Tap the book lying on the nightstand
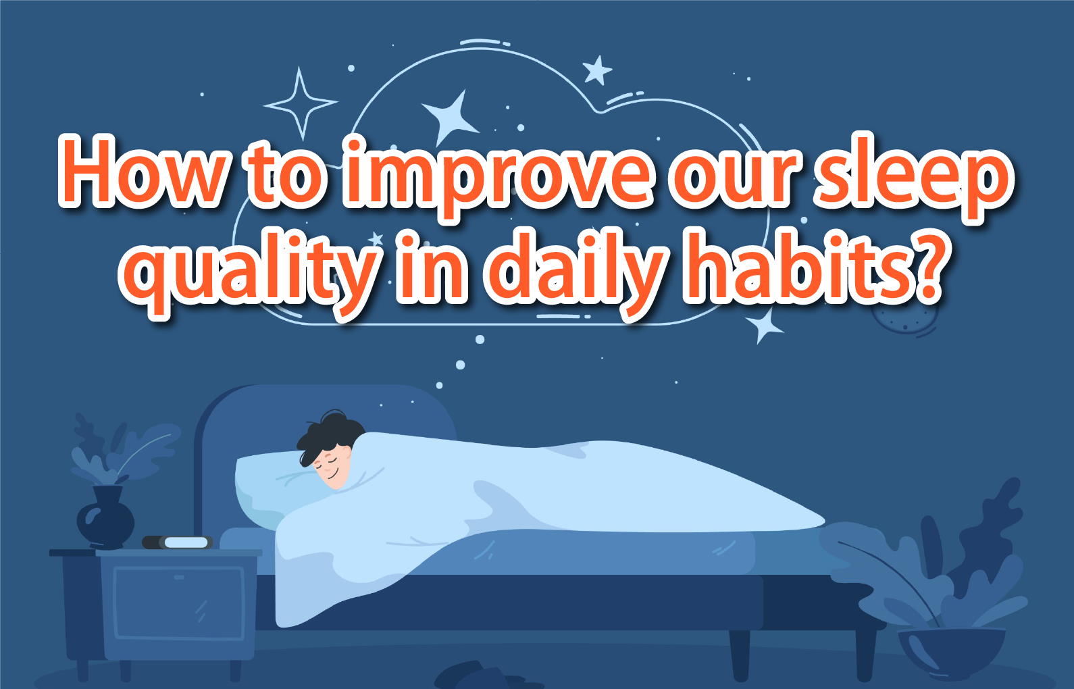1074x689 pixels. [x=178, y=542]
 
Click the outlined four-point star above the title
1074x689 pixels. [x=301, y=103]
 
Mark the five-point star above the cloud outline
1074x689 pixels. [x=597, y=70]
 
